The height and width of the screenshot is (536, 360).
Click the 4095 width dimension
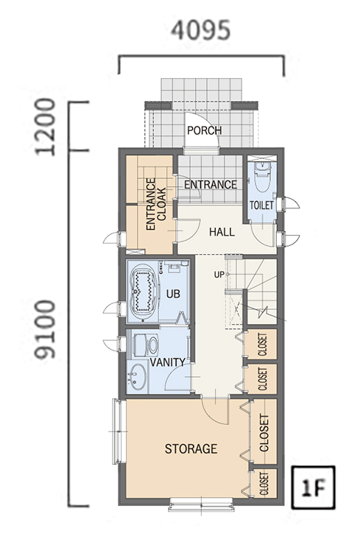pos(201,29)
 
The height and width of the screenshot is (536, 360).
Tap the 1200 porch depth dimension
pos(46,127)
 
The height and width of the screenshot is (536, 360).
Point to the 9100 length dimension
pos(46,329)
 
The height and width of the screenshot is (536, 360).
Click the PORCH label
pos(205,130)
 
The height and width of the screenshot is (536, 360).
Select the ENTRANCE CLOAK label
pos(156,204)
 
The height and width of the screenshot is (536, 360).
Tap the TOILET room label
pos(261,205)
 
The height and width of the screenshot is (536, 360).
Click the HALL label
pos(222,232)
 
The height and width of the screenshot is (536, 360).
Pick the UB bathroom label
pos(173,294)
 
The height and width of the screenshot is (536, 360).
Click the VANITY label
pos(168,362)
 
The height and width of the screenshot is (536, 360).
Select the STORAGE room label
pos(191,448)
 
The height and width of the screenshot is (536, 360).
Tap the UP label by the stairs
pos(219,274)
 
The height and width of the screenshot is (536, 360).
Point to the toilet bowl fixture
pos(263,177)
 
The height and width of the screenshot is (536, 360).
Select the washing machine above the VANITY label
pos(146,345)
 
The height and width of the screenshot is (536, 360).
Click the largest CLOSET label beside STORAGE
pos(264,433)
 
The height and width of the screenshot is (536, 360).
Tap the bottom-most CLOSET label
pos(264,484)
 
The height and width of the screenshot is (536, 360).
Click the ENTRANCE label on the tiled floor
pos(211,185)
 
